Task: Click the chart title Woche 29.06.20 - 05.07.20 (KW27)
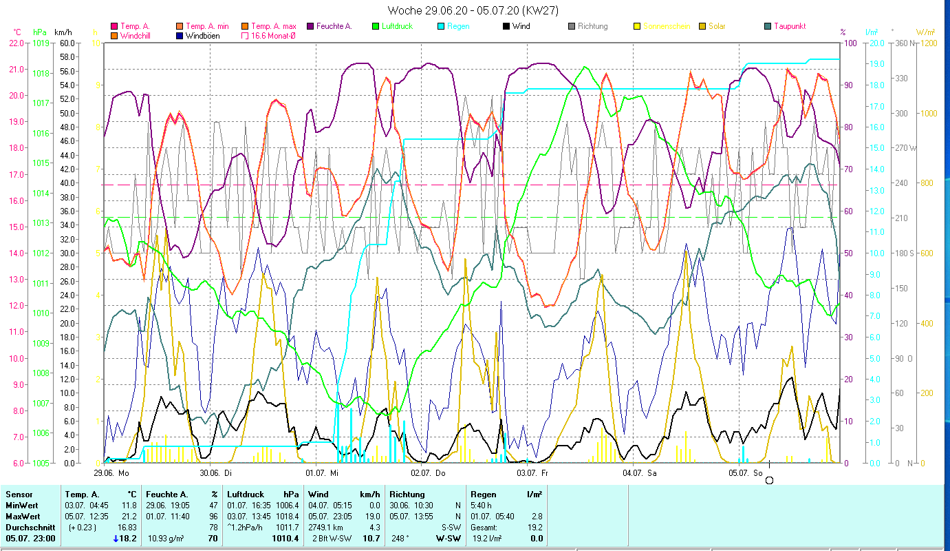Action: tap(473, 10)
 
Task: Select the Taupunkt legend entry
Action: tap(789, 26)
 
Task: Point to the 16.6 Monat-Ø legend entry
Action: tap(273, 35)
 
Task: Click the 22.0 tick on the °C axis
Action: tap(17, 43)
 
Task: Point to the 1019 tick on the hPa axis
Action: tap(41, 43)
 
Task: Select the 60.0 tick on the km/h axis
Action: tap(67, 43)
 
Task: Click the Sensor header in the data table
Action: tap(19, 494)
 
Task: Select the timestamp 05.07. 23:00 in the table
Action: tap(31, 538)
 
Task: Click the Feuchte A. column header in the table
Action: tap(166, 494)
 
